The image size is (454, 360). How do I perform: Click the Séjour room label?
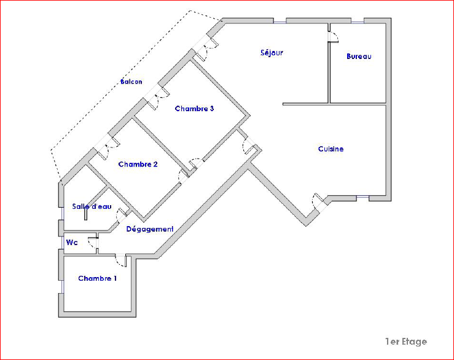tap(272, 53)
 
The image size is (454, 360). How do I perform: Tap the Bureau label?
tap(359, 56)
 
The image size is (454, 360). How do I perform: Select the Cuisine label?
tap(331, 149)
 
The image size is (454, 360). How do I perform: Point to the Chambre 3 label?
tap(194, 109)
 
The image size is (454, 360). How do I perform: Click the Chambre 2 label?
tap(138, 164)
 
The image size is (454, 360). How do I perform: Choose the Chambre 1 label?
tap(97, 278)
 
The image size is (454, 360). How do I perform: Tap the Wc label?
tap(72, 243)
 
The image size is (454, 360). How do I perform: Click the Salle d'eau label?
tap(92, 206)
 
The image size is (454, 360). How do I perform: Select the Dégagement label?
tap(150, 229)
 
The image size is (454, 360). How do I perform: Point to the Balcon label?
tap(131, 82)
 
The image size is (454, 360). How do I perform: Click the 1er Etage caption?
tap(406, 342)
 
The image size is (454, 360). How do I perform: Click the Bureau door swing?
tap(333, 37)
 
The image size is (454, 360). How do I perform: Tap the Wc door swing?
tap(93, 243)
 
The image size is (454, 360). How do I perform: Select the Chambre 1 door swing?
tap(121, 260)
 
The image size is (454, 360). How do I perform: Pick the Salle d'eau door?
tap(123, 215)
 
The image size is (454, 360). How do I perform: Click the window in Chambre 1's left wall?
tap(62, 287)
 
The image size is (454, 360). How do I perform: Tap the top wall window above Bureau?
tap(358, 22)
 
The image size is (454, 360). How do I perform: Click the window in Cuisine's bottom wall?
tap(363, 197)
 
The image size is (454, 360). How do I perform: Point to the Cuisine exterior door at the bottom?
tap(319, 201)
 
